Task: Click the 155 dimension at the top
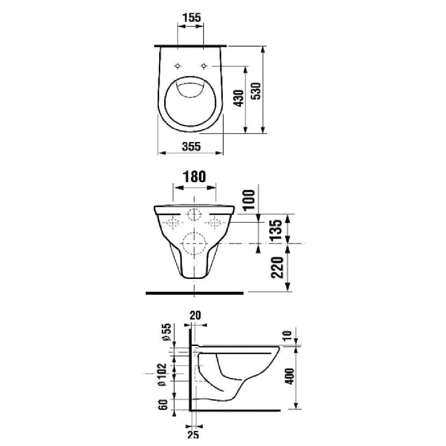coord(191,18)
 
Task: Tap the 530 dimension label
coord(256,91)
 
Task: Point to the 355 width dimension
coord(191,147)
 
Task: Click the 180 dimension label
coord(194,177)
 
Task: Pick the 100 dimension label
coord(250,200)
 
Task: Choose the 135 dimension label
coord(277,230)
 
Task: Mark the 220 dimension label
coord(277,268)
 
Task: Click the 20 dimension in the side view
coord(195,315)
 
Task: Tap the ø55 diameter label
coord(166,332)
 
